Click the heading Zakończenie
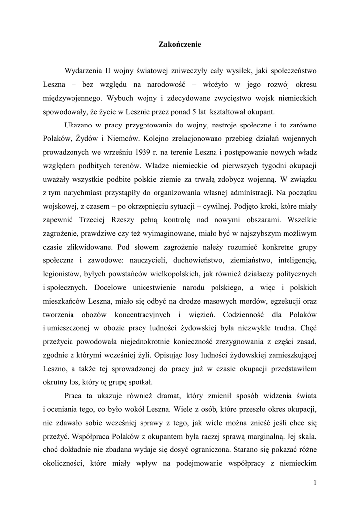[180, 45]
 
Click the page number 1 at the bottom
[315, 482]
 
